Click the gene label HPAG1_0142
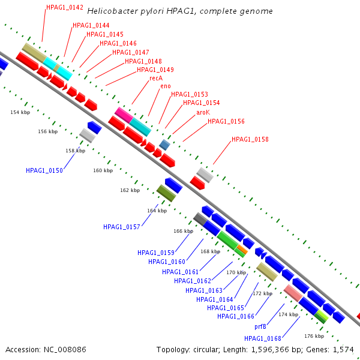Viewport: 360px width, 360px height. click(x=65, y=7)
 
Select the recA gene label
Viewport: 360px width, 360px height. click(x=156, y=78)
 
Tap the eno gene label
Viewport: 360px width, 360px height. click(x=166, y=86)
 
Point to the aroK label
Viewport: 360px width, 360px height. click(x=203, y=112)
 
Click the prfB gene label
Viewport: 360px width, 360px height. click(x=260, y=326)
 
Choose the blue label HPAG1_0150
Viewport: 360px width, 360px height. click(x=44, y=170)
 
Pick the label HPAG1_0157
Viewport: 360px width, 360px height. click(x=121, y=227)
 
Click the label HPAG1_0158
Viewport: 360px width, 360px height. click(x=250, y=139)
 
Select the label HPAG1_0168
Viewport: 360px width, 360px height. click(x=263, y=338)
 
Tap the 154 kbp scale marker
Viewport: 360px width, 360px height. click(x=20, y=112)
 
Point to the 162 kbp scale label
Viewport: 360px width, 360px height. click(x=130, y=190)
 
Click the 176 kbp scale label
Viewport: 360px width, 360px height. click(x=314, y=336)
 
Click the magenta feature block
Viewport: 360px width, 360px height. click(x=124, y=115)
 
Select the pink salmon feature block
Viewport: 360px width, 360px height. click(x=293, y=293)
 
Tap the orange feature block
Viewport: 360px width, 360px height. click(x=242, y=250)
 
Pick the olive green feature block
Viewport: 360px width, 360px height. click(x=166, y=193)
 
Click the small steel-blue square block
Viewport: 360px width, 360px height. click(x=164, y=145)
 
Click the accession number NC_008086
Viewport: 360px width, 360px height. click(x=65, y=350)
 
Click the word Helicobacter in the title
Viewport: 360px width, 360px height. click(x=113, y=11)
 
